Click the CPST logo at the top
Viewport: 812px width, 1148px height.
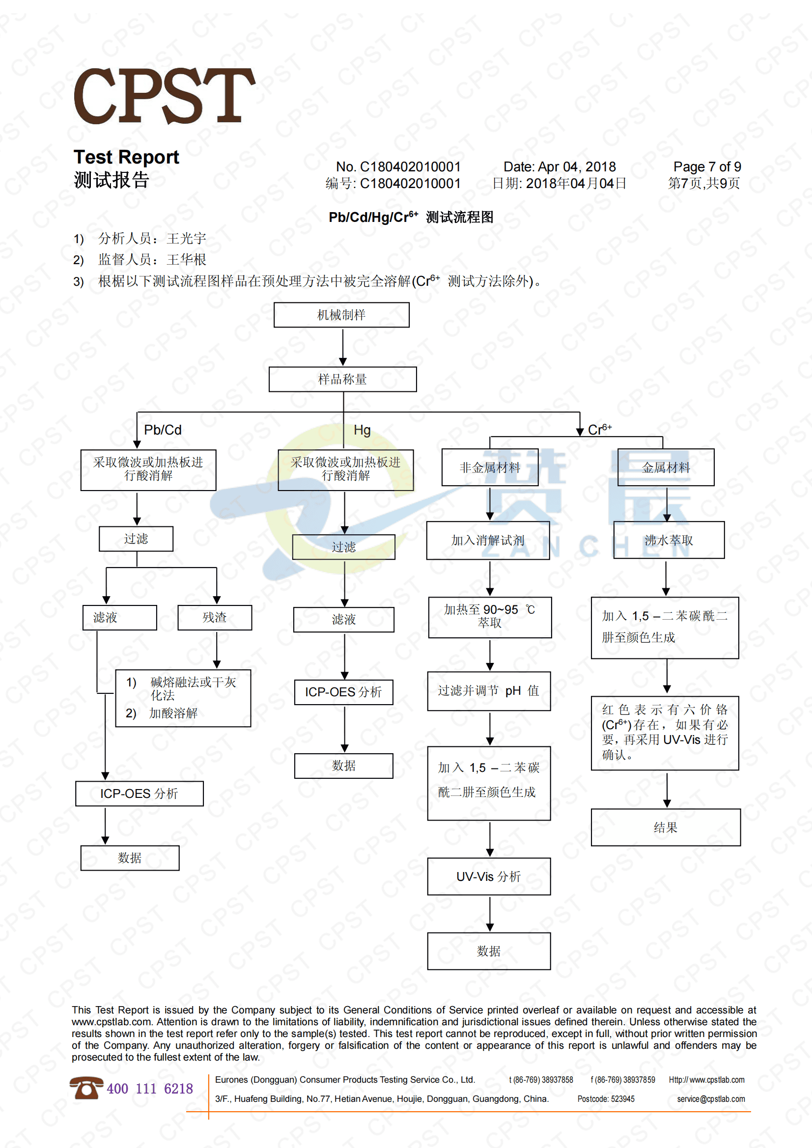tap(164, 96)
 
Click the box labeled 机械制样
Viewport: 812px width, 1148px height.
tap(341, 315)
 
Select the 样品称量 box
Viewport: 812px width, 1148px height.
tap(342, 380)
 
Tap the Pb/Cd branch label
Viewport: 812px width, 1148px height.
tap(163, 430)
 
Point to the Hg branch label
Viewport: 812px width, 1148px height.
tap(362, 430)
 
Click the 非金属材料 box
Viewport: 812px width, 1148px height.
tap(490, 467)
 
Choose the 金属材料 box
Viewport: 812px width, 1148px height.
tap(666, 467)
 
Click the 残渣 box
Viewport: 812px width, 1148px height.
tap(215, 618)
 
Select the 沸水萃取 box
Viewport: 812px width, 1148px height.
tap(669, 540)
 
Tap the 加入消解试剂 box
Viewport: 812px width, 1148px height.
tap(488, 540)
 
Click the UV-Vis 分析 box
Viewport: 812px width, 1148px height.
tap(489, 876)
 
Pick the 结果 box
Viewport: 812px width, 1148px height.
tap(666, 827)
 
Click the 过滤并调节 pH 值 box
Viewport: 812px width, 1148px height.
tap(489, 691)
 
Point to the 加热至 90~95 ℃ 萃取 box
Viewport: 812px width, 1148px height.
tap(490, 617)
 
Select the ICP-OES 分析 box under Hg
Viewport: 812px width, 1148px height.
tap(344, 692)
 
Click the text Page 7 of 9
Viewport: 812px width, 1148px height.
tap(707, 166)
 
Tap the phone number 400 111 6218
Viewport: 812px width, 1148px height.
tap(150, 1089)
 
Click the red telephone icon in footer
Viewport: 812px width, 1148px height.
tap(86, 1088)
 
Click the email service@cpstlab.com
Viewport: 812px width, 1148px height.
tap(710, 1099)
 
